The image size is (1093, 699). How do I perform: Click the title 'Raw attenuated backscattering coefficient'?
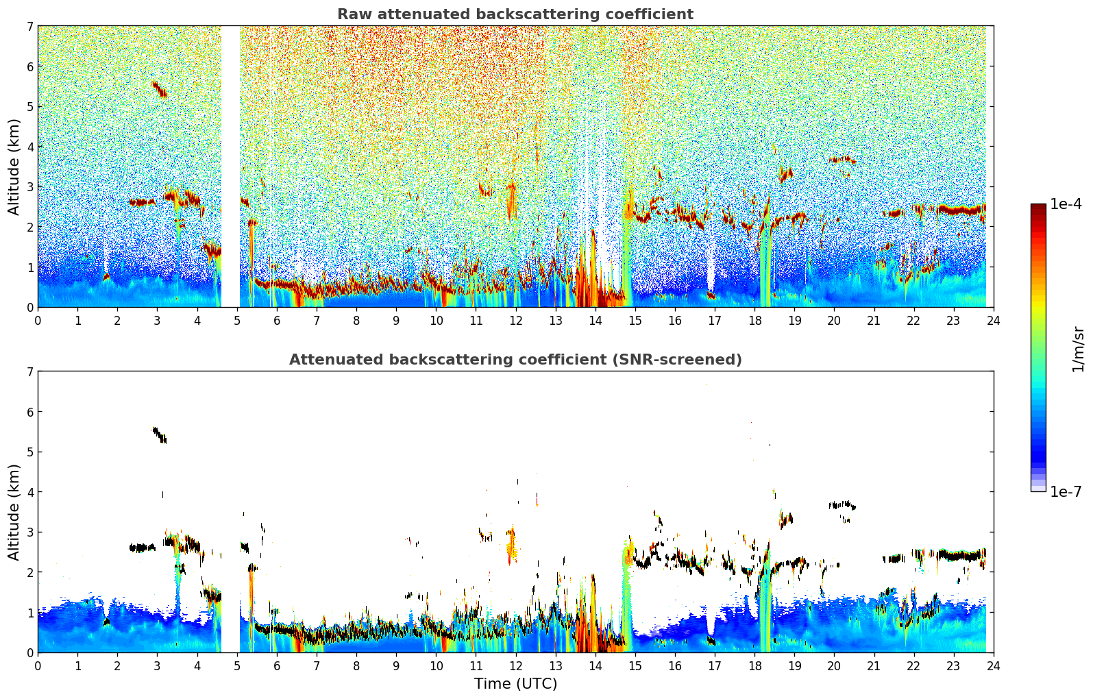[515, 14]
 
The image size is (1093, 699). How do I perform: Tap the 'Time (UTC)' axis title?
[515, 684]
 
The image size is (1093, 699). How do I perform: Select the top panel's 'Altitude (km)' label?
[14, 167]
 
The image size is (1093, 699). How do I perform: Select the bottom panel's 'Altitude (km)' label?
[14, 512]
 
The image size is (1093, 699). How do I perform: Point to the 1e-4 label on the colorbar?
[1066, 204]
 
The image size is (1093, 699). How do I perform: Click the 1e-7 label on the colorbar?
[1066, 491]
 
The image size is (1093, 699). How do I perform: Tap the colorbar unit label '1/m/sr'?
[1078, 349]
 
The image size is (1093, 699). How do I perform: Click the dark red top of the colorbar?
[1038, 207]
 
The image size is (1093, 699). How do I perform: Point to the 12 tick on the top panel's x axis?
[515, 320]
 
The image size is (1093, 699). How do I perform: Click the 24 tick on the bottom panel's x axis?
[993, 665]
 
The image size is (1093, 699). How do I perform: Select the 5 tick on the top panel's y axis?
[29, 106]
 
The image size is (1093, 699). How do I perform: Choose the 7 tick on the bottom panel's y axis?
[29, 371]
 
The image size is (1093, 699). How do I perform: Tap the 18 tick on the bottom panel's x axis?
[754, 665]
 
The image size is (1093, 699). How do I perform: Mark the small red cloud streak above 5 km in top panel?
[159, 89]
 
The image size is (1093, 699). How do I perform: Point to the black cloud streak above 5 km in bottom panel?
[159, 434]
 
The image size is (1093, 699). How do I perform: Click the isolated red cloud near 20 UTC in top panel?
[842, 159]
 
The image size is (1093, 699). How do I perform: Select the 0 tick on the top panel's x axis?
[38, 320]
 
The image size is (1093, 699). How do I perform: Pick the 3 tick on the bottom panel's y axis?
[29, 532]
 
